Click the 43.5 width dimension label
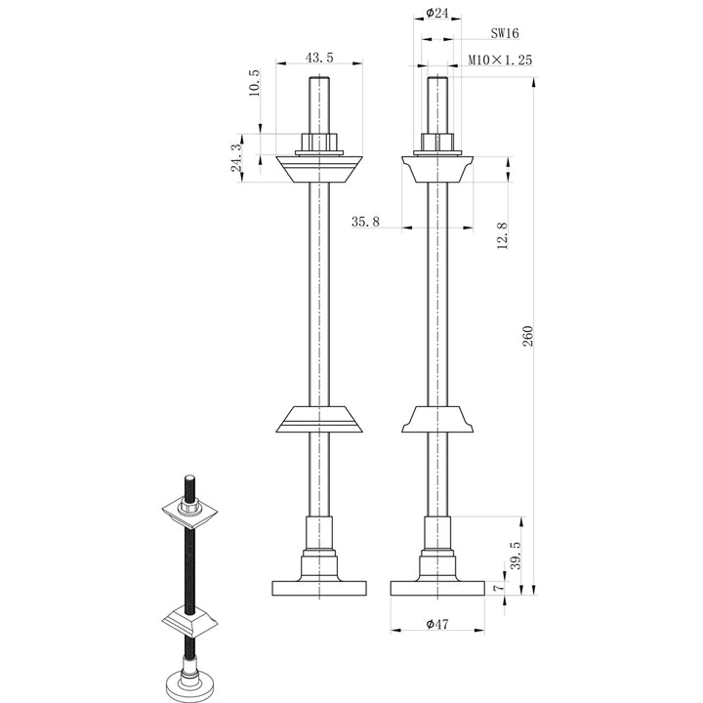(x=319, y=58)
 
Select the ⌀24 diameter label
(x=437, y=15)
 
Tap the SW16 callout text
(x=505, y=32)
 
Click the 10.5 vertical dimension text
(x=255, y=83)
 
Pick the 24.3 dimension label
(x=235, y=157)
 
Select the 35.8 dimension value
(x=365, y=223)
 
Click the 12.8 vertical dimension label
(x=502, y=235)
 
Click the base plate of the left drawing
(x=318, y=589)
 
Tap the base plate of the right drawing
(x=436, y=589)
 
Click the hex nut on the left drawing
(x=318, y=143)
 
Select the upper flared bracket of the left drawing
(x=318, y=169)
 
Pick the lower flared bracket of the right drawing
(x=437, y=420)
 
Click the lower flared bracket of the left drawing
(x=318, y=420)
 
